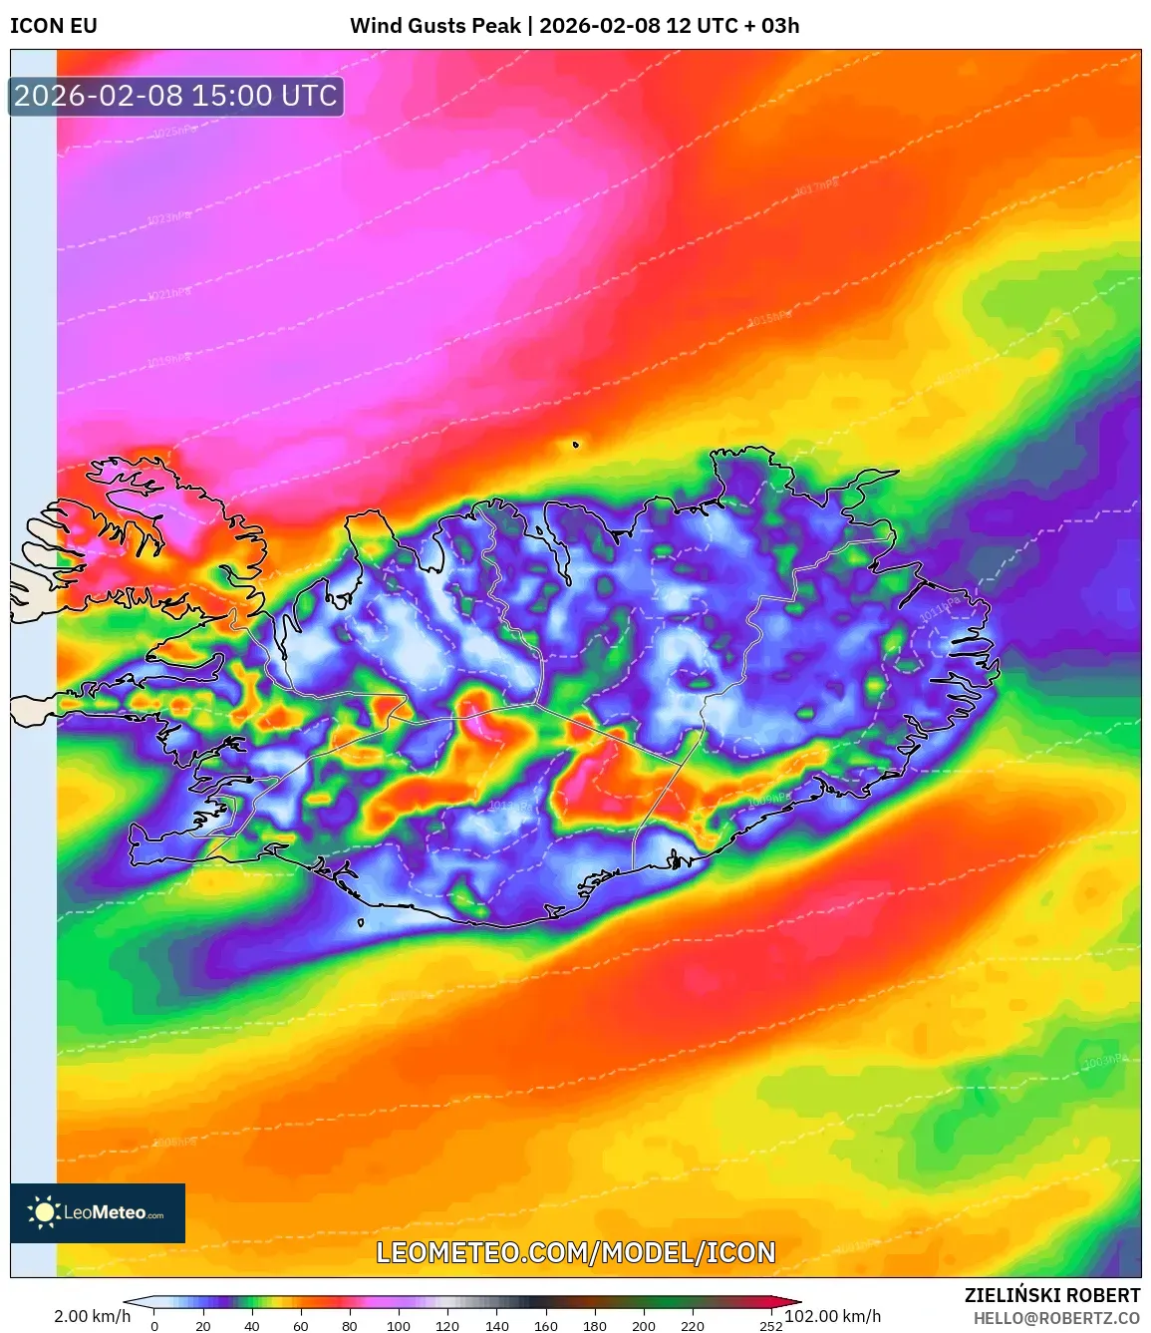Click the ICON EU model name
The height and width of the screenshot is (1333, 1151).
[54, 26]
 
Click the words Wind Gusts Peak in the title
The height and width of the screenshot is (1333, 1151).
[435, 26]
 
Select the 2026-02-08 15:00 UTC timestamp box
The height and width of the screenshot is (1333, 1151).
[176, 96]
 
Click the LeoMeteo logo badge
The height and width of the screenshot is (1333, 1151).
[98, 1212]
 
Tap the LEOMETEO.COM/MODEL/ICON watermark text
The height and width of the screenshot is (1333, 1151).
[575, 1252]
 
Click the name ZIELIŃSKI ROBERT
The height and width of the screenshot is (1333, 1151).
[1051, 1295]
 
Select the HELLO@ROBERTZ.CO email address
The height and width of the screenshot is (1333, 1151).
[1056, 1318]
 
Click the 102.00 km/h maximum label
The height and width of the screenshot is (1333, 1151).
[833, 1316]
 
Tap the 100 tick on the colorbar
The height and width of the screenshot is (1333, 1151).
[399, 1326]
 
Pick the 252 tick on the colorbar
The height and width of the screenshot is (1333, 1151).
[770, 1326]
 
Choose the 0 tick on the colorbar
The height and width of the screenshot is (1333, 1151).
[154, 1326]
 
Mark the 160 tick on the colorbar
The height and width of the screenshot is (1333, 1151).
[546, 1326]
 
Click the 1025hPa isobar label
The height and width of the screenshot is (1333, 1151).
[174, 132]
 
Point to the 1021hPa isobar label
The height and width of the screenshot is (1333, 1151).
[168, 294]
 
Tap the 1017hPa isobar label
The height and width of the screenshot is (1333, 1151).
[816, 186]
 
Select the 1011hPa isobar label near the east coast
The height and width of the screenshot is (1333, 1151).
[940, 609]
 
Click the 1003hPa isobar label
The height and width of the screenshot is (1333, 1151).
[1104, 1062]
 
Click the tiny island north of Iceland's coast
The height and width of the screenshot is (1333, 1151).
[575, 445]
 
